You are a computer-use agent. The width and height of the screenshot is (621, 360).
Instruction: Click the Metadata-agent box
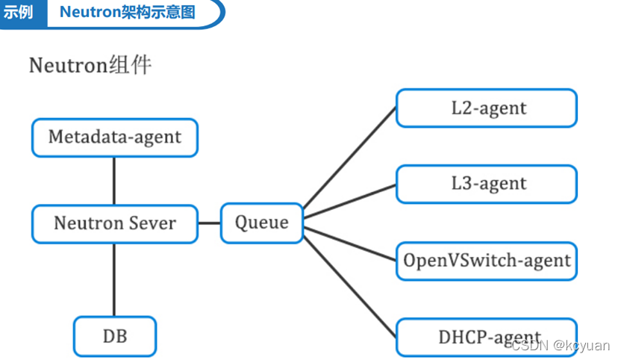pos(115,137)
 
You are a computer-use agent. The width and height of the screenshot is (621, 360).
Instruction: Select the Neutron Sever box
pos(115,223)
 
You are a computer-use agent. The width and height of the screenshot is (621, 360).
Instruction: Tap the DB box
pos(115,336)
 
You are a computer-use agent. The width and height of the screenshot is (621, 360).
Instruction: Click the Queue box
pos(262,223)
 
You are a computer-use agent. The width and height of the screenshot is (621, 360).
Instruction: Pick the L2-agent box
pos(487,108)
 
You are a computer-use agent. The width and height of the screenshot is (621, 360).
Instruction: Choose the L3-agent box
pos(487,184)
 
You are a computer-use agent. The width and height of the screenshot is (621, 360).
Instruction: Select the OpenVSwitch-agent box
pos(487,261)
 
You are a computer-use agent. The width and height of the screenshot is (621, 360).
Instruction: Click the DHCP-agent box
pos(487,337)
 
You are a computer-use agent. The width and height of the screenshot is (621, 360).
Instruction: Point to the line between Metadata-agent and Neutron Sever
pos(114,180)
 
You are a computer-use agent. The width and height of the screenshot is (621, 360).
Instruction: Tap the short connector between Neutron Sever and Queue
pos(209,223)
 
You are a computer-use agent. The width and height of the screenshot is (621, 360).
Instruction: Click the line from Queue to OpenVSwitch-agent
pos(349,243)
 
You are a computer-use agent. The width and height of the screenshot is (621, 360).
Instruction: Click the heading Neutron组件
pos(90,65)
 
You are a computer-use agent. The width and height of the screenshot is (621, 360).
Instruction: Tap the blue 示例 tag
pos(19,13)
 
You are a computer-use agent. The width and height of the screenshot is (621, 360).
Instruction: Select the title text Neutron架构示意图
pos(128,13)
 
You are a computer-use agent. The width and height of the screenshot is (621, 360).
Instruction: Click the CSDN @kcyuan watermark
pos(561,345)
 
